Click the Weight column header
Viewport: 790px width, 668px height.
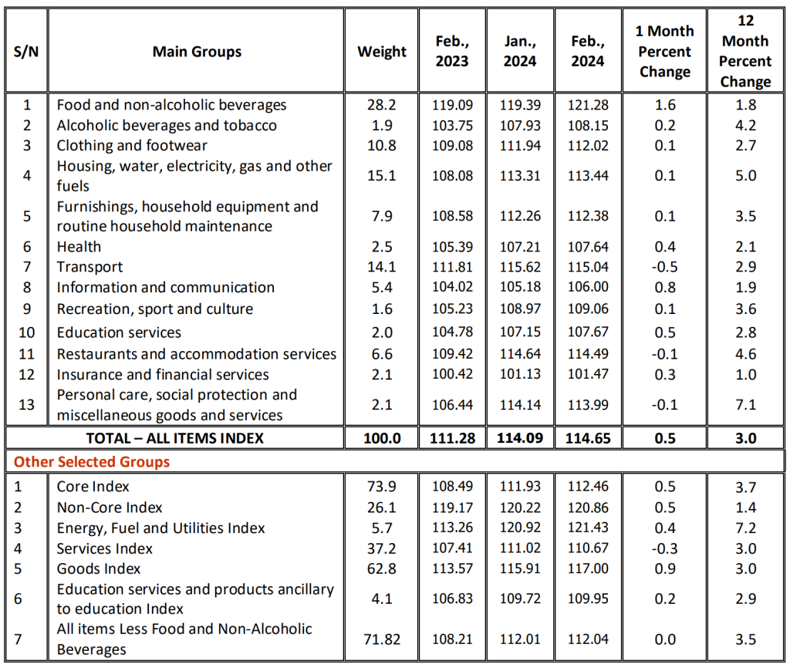[382, 52]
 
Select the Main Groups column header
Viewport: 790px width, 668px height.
[197, 52]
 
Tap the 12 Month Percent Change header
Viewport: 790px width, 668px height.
[745, 52]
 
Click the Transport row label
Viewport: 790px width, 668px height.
[89, 267]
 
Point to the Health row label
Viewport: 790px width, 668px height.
[79, 247]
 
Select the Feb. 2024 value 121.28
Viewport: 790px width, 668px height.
[588, 105]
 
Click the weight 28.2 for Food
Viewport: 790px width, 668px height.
[381, 105]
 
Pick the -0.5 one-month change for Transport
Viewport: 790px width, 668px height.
[664, 267]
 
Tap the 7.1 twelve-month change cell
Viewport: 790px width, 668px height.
[745, 405]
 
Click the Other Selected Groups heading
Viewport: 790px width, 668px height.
[92, 462]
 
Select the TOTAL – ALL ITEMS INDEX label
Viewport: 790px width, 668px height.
[175, 438]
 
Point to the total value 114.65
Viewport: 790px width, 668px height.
[588, 438]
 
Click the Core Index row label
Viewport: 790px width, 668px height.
[93, 487]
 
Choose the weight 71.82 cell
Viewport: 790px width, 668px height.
[381, 639]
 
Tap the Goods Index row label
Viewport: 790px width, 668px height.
[99, 568]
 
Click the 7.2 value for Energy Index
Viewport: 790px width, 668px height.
[745, 528]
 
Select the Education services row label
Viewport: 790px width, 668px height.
[119, 332]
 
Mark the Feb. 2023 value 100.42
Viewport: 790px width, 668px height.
[452, 375]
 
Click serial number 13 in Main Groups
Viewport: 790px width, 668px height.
[26, 405]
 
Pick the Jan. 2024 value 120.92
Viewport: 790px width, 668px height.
[520, 528]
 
